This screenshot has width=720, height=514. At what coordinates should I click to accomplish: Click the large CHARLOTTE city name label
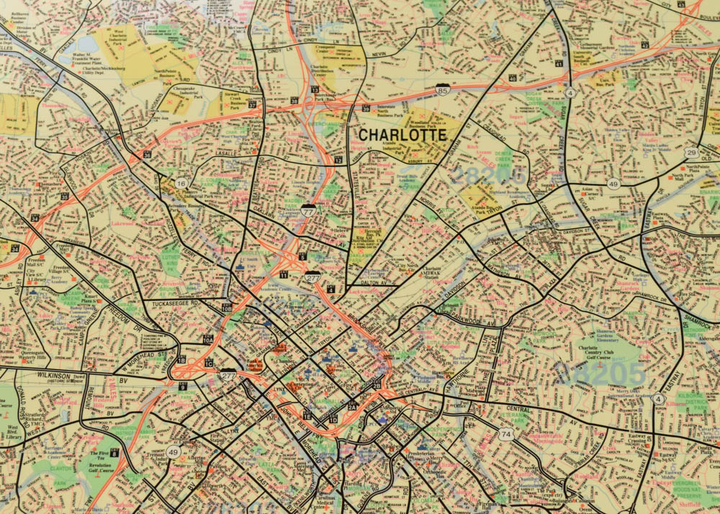pos(402,135)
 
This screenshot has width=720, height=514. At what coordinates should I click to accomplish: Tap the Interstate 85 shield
pos(445,90)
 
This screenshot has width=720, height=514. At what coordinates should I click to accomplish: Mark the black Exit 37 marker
pos(252,104)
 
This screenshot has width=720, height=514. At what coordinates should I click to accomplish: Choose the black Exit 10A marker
pos(208,339)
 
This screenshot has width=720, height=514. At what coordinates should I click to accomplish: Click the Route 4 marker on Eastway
pos(657,398)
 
